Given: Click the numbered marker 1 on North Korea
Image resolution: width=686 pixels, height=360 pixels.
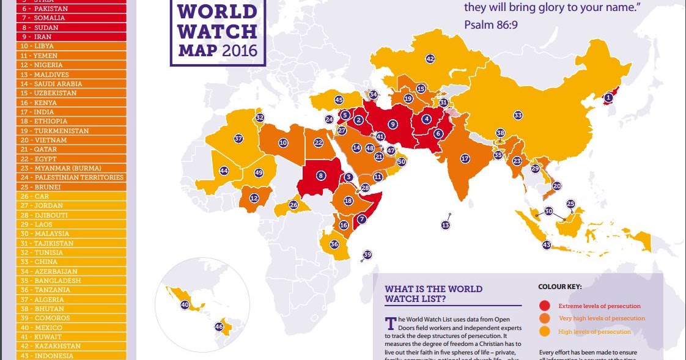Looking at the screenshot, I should point(608,97).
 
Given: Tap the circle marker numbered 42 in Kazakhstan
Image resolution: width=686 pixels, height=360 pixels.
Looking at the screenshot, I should point(430,59).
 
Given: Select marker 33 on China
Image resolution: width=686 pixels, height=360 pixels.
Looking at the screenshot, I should point(518,115).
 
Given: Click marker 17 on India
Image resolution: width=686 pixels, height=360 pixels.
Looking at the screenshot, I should point(465,158).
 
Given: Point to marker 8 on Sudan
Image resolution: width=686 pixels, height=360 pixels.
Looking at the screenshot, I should point(320,175).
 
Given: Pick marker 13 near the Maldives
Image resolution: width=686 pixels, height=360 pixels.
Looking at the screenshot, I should point(445,226).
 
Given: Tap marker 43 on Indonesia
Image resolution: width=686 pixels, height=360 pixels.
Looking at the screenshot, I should point(547,245).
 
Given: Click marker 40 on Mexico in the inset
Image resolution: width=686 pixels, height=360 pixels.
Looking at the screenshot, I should point(185,304).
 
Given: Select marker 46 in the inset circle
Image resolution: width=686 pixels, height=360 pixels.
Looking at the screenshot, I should point(219,326).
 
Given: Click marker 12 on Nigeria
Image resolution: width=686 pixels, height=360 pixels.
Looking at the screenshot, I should point(253,197).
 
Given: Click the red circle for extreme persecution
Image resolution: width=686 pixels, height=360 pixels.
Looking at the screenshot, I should point(545,306).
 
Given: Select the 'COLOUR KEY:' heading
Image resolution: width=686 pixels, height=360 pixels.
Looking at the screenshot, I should point(559,286).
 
